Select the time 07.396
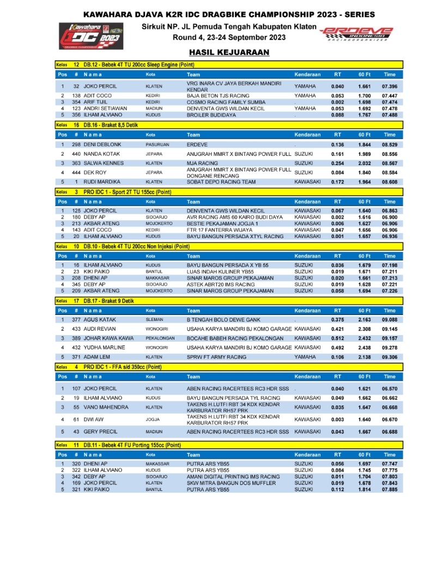[389, 86]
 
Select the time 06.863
[389, 210]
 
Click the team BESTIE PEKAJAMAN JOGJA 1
[224, 223]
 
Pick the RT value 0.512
[337, 338]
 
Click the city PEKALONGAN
[160, 338]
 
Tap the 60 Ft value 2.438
[365, 348]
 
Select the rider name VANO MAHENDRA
[106, 407]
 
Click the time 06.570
[389, 389]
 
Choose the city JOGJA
[152, 420]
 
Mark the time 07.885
[389, 489]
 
